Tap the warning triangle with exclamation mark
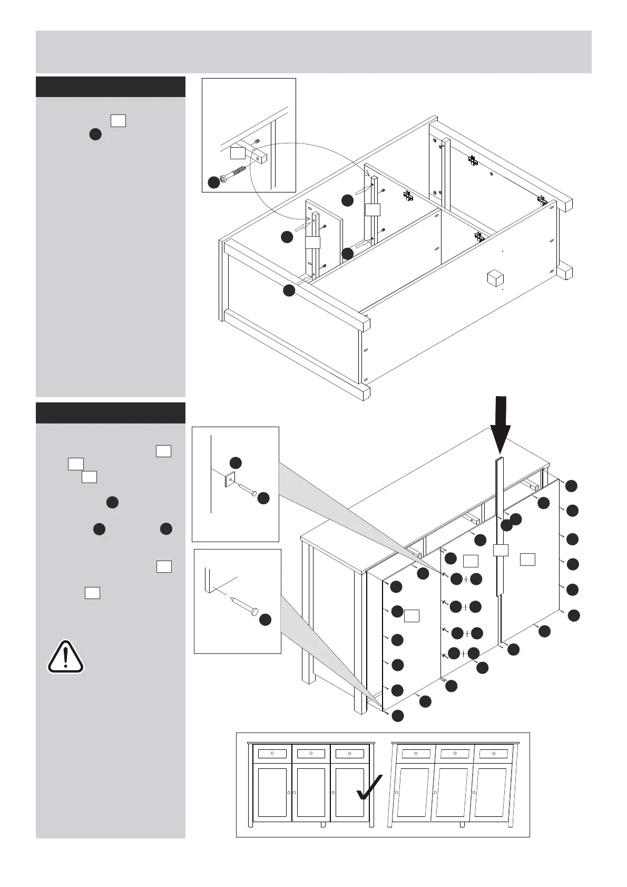(65, 657)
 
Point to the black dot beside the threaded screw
(213, 182)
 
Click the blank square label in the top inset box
(238, 153)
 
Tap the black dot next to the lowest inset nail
(265, 620)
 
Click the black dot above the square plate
(236, 463)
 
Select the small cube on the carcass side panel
(495, 278)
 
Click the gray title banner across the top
(313, 52)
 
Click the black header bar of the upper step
(111, 87)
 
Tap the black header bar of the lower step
(111, 413)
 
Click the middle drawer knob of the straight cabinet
(311, 753)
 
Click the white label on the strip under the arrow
(501, 550)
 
